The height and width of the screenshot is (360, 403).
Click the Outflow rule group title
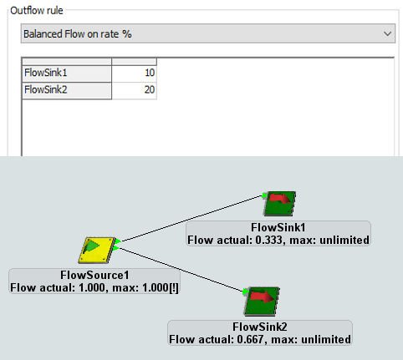point(37,11)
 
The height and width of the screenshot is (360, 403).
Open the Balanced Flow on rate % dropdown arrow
point(387,33)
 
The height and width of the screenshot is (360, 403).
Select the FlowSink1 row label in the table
point(46,73)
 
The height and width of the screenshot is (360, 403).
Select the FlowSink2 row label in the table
point(46,89)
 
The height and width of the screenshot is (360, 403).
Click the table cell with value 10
point(135,74)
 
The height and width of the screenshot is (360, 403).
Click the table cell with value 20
point(135,90)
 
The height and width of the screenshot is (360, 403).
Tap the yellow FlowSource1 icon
point(97,250)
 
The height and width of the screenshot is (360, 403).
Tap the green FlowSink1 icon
point(280,203)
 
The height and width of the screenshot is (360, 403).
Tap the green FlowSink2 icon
point(262,301)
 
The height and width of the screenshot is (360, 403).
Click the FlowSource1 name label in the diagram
point(94,275)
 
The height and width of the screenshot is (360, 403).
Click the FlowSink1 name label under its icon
point(278,227)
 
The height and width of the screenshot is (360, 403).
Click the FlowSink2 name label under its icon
point(260,327)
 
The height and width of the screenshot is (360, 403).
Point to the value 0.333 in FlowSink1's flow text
point(268,240)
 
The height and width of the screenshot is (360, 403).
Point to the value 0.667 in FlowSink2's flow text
point(250,339)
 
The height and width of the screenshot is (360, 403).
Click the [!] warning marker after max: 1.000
point(174,287)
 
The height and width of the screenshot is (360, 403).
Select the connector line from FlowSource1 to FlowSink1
point(191,218)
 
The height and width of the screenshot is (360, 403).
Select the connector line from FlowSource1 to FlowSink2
point(181,270)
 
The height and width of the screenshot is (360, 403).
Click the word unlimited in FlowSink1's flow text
point(344,240)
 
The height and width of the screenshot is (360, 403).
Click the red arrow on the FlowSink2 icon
point(263,297)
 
